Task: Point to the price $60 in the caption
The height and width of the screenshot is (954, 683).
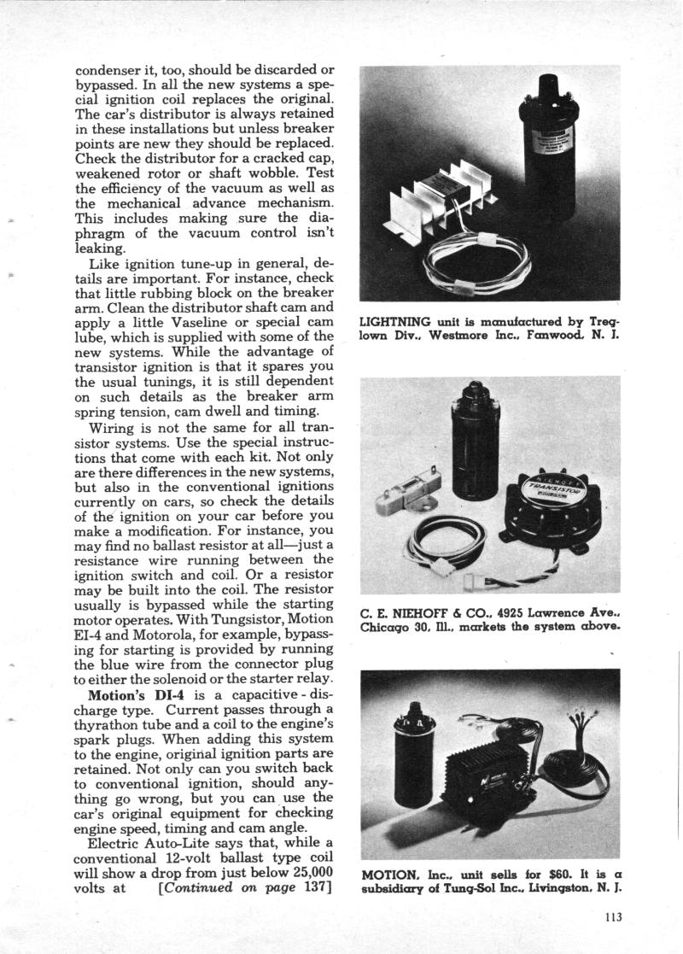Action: pos(532,875)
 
